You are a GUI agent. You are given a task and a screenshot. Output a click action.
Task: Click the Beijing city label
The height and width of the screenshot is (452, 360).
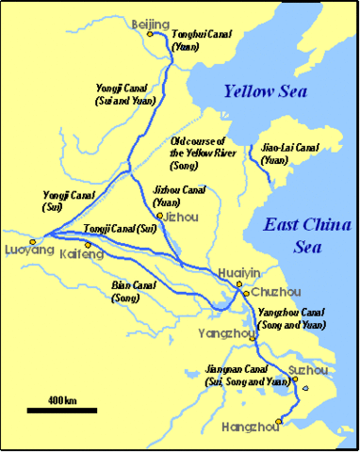click(152, 22)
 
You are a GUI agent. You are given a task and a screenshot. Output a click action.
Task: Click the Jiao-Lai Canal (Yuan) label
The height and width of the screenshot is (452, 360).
click(287, 153)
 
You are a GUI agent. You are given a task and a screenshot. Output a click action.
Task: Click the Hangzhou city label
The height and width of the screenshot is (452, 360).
click(251, 428)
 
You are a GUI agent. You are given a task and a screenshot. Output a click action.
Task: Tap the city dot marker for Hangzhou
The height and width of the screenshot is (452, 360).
click(279, 421)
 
